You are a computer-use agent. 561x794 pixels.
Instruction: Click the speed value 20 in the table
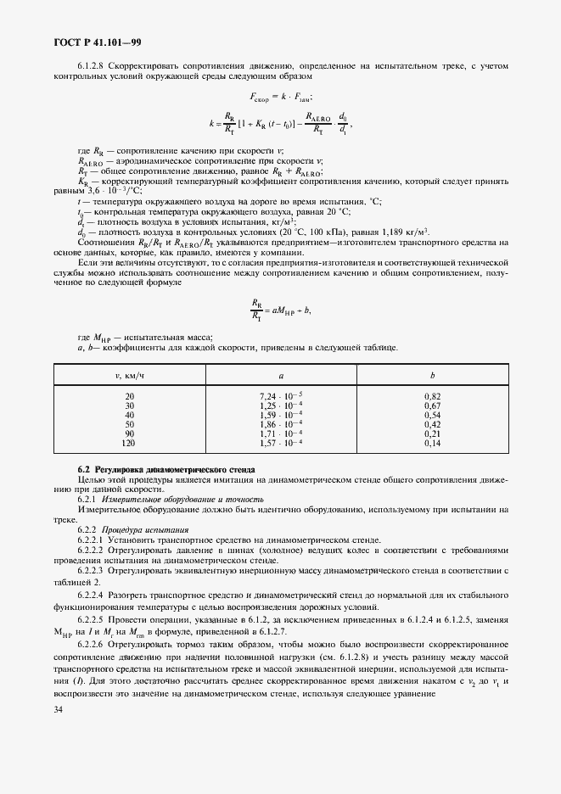click(129, 396)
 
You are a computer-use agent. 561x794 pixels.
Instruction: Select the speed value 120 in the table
click(129, 443)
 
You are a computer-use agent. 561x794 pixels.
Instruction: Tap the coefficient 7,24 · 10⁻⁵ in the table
click(281, 396)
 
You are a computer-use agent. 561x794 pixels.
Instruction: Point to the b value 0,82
click(432, 396)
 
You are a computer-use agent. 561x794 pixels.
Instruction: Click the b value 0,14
click(432, 443)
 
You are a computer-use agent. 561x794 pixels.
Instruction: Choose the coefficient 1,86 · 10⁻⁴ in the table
click(281, 424)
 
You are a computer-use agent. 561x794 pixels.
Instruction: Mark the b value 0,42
click(432, 424)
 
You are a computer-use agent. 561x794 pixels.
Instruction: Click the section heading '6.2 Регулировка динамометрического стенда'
click(155, 469)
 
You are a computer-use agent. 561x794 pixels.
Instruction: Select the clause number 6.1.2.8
click(93, 64)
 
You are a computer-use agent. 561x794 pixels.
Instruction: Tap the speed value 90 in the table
click(129, 433)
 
